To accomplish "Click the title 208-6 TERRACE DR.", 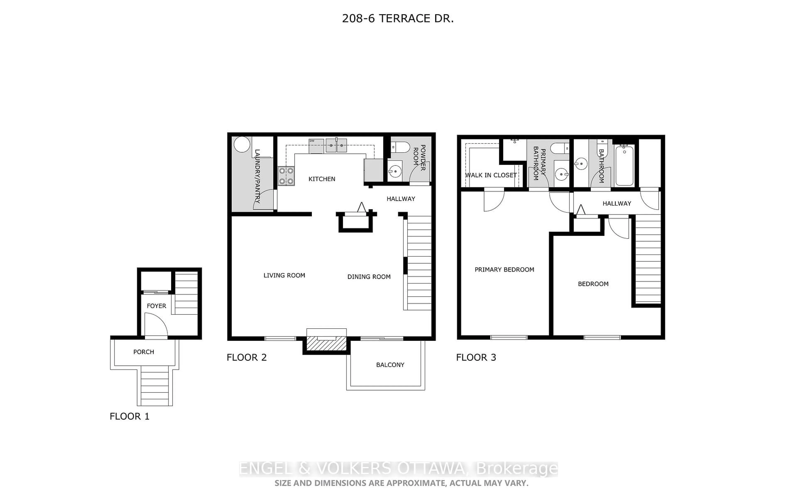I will click(x=398, y=18).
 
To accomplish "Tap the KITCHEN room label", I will click(x=321, y=179).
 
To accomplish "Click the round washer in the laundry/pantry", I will click(x=242, y=144).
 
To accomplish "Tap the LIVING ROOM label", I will click(x=284, y=275).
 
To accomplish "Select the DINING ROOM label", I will click(x=369, y=277).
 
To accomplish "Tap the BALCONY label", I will click(x=390, y=365).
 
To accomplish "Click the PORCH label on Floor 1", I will click(x=144, y=352).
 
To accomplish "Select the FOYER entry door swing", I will click(x=156, y=324).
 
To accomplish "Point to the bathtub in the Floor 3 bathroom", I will click(x=624, y=166).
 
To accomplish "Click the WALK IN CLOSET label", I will click(x=490, y=175).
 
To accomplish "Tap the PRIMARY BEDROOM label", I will click(x=504, y=269).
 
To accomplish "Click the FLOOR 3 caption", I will click(x=476, y=357).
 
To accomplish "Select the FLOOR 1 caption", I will click(x=130, y=416).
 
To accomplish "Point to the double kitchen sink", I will click(x=336, y=145).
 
